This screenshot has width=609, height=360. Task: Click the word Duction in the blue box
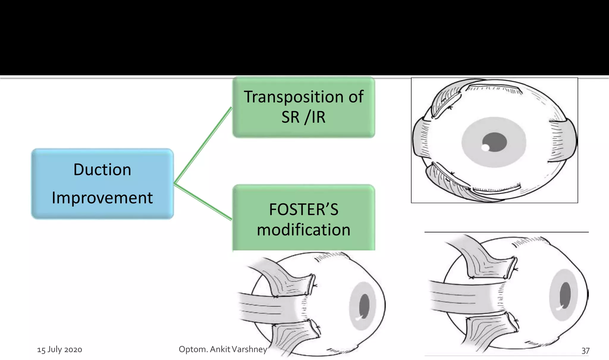[x=102, y=170]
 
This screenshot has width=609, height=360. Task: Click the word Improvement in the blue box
[x=102, y=198]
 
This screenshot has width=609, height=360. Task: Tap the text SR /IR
[x=303, y=117]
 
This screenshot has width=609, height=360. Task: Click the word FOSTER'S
[x=303, y=209]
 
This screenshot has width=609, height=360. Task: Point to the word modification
[x=303, y=230]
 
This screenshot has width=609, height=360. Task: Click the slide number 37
[x=585, y=350]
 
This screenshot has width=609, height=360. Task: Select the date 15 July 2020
[x=59, y=350]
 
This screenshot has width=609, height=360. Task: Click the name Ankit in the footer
[x=220, y=349]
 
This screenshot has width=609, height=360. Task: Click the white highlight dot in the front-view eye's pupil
[x=485, y=148]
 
